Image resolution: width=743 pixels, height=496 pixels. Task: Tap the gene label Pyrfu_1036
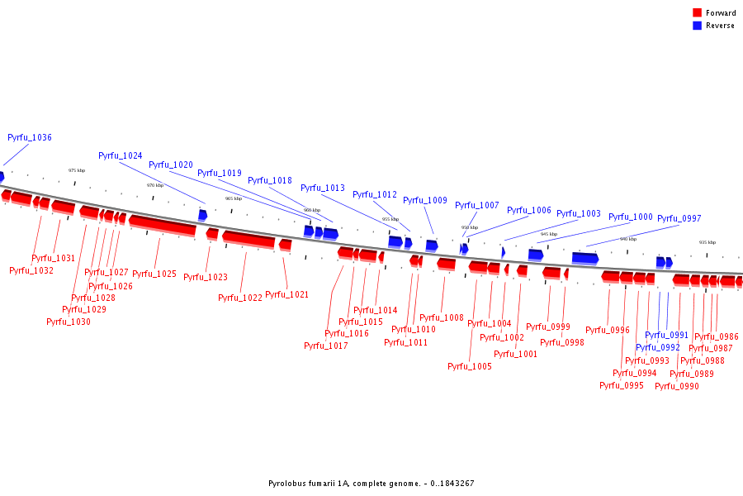pyautogui.click(x=30, y=137)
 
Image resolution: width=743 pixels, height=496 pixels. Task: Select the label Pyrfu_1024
pyautogui.click(x=121, y=155)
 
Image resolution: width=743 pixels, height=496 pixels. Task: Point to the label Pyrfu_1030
pyautogui.click(x=69, y=322)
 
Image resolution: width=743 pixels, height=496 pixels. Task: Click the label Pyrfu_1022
pyautogui.click(x=240, y=298)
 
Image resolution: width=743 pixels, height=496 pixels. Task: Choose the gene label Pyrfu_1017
pyautogui.click(x=326, y=346)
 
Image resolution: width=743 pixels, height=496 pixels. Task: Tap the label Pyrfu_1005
pyautogui.click(x=470, y=366)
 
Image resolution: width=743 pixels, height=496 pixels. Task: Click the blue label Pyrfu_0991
pyautogui.click(x=666, y=335)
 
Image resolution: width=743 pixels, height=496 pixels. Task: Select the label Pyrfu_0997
pyautogui.click(x=679, y=218)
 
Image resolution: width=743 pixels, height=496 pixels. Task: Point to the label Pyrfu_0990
pyautogui.click(x=677, y=386)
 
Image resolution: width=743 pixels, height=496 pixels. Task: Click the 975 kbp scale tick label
pyautogui.click(x=77, y=170)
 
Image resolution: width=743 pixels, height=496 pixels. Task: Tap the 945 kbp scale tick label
pyautogui.click(x=549, y=234)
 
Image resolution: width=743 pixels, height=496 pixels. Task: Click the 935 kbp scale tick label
pyautogui.click(x=708, y=242)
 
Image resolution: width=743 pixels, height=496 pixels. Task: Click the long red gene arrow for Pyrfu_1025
pyautogui.click(x=162, y=224)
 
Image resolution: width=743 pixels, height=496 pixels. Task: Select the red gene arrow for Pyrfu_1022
pyautogui.click(x=248, y=239)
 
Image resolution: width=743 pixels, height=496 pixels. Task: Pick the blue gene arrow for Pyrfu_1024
pyautogui.click(x=202, y=215)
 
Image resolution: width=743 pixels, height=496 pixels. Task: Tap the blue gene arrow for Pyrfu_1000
pyautogui.click(x=584, y=258)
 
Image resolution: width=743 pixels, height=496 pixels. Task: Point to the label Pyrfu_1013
pyautogui.click(x=323, y=188)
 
